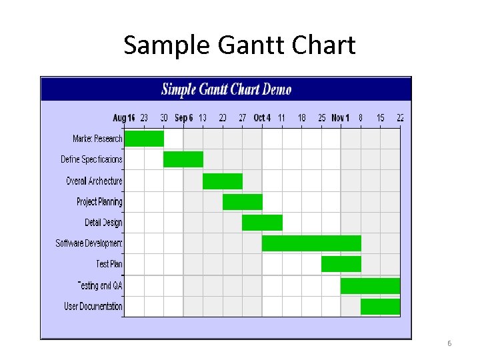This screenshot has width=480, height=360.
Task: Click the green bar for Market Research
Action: coord(144,139)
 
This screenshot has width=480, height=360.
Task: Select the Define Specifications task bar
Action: coord(183,159)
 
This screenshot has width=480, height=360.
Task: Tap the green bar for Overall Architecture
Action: coord(222,181)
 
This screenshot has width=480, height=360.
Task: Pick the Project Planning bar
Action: coord(242,202)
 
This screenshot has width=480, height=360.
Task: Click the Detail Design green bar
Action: coord(262,223)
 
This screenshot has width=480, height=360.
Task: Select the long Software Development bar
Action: coord(311,243)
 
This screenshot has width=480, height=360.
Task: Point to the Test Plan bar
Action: coord(341,264)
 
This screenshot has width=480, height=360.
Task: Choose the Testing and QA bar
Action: coord(370,285)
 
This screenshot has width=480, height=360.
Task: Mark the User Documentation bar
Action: coord(380,306)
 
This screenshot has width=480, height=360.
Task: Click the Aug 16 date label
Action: coord(124,118)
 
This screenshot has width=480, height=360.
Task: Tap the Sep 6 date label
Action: coord(183,118)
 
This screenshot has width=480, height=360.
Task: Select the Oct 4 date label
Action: coord(262,118)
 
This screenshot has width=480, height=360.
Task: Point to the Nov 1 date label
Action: coord(341,118)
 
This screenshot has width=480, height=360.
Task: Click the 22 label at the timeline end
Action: coord(400,118)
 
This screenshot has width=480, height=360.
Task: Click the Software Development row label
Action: coord(89,243)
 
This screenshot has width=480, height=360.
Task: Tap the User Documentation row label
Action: coord(93,306)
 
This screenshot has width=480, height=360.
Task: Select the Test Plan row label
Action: coord(109,264)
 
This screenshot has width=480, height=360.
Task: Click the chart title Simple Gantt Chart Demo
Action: coord(227,89)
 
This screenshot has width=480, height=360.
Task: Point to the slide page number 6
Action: coord(449,343)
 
